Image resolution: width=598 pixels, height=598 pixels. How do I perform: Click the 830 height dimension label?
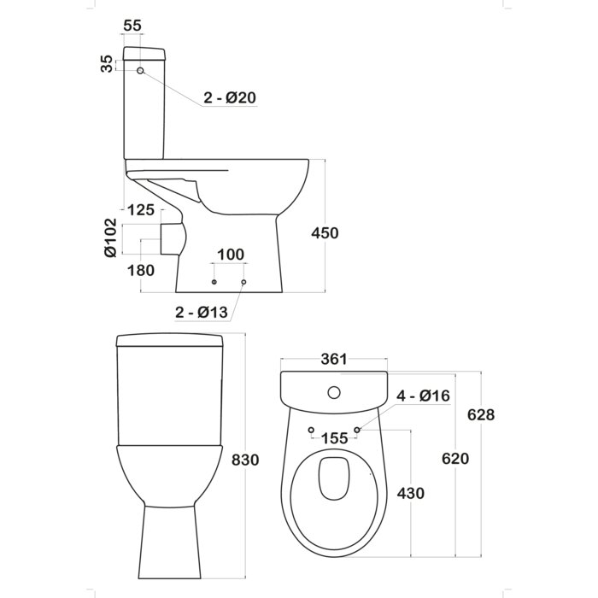245,460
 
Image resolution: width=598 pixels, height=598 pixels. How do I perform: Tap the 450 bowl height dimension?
325,233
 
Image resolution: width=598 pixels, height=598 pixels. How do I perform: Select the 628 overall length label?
481,414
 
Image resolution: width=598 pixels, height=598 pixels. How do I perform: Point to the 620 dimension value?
455,459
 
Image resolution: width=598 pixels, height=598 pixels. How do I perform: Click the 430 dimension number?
411,494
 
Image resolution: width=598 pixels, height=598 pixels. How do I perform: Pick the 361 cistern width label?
334,359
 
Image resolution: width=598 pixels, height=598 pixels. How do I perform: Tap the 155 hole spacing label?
335,438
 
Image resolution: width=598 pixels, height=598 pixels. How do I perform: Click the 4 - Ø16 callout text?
424,396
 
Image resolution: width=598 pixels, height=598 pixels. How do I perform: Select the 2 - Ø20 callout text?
230,98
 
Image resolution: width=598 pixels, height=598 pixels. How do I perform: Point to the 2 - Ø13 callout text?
202,313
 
